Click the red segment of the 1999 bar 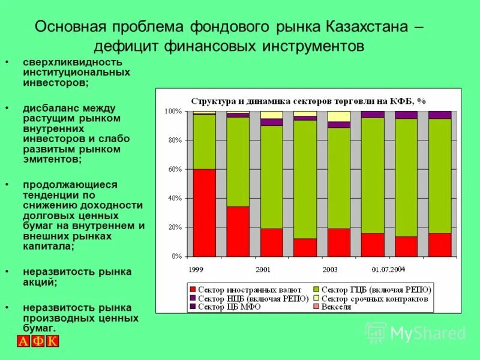[x=205, y=212]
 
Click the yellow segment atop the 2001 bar [x=272, y=115]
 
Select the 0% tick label [x=176, y=256]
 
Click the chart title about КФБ [x=308, y=101]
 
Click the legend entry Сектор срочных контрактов [x=374, y=298]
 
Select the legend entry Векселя [x=335, y=307]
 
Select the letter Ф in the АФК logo [x=38, y=342]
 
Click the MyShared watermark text [x=428, y=334]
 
